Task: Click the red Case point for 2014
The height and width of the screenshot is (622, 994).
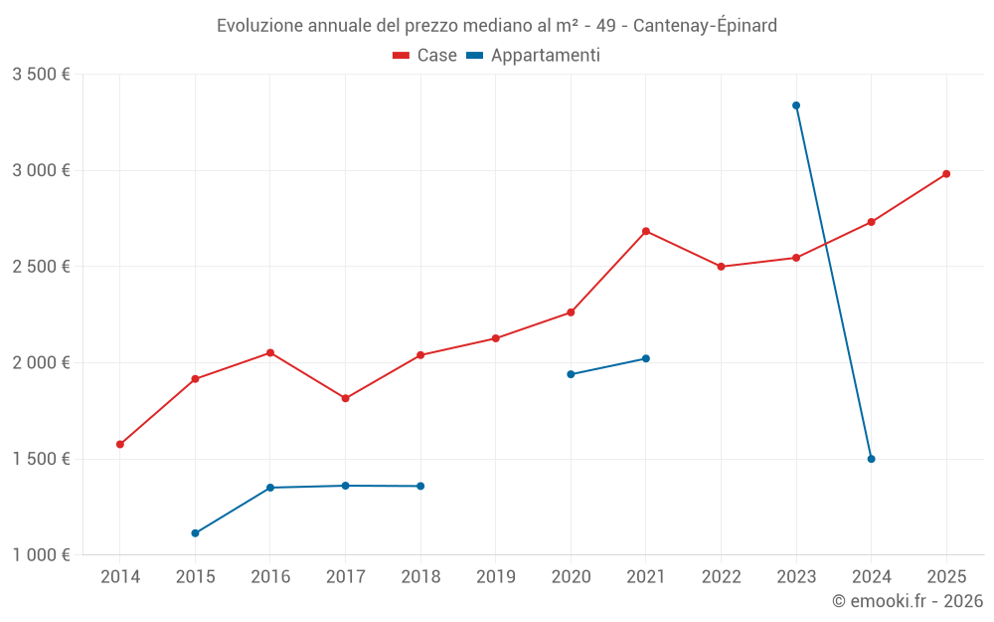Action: [x=120, y=445]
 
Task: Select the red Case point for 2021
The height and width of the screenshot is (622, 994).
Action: [x=646, y=231]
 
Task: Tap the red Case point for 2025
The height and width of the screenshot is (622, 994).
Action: [x=946, y=174]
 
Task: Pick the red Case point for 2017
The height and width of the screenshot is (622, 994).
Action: [x=345, y=398]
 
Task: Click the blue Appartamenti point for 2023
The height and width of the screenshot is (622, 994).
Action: [x=796, y=105]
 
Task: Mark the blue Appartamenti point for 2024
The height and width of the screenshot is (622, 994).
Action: [x=871, y=459]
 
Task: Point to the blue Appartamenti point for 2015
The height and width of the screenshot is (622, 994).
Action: [x=195, y=533]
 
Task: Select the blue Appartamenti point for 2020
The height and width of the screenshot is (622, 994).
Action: [x=571, y=374]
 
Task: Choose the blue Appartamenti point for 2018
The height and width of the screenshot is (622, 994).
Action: [x=420, y=486]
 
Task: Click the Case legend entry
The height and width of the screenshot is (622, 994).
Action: [x=425, y=56]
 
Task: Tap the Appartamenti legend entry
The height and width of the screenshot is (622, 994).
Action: [x=534, y=56]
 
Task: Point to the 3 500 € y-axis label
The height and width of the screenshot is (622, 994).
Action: [x=41, y=74]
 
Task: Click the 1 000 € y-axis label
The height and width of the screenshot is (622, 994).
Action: [x=41, y=555]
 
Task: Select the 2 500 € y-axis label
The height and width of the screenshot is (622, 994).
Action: [x=41, y=267]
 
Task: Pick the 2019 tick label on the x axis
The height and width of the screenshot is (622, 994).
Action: [x=495, y=576]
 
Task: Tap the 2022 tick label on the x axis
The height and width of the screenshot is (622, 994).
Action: [x=721, y=576]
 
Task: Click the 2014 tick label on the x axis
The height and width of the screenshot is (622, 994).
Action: [x=120, y=576]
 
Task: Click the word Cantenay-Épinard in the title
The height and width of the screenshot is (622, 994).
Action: [x=705, y=25]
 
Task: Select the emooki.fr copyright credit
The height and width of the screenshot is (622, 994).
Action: [x=907, y=601]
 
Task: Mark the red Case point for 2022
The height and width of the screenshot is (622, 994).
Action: [x=721, y=267]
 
